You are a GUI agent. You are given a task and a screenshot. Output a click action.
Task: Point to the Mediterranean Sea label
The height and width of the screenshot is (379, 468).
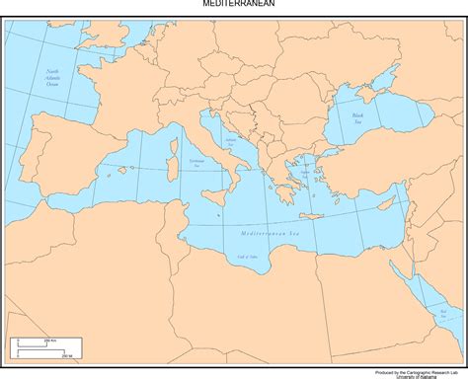pos(269,233)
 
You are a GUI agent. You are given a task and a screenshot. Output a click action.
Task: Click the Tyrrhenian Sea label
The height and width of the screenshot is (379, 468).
pos(197,164)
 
